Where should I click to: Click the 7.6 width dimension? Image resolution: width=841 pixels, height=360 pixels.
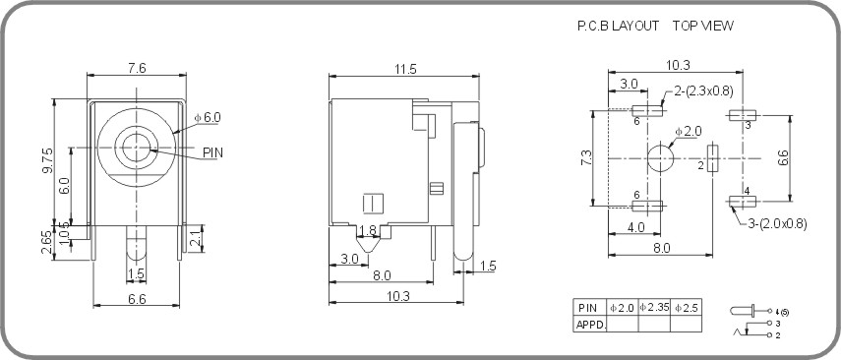[x=137, y=68]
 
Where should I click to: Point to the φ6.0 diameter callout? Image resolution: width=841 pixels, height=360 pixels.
[x=208, y=117]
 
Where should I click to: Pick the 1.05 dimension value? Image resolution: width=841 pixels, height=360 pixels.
[x=65, y=232]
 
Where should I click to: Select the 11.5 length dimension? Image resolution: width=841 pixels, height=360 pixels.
[x=405, y=68]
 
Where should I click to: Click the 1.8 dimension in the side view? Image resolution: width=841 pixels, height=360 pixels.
[x=367, y=231]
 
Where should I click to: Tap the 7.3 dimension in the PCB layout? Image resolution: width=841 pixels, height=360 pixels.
[x=586, y=157]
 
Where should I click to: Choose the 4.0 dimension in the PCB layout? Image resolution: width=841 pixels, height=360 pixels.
[x=635, y=226]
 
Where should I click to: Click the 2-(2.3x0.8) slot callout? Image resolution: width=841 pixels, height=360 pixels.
[x=704, y=91]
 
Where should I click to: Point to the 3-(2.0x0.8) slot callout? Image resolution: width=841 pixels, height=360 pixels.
[x=774, y=223]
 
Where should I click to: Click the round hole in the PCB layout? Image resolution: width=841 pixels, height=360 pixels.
[x=660, y=157]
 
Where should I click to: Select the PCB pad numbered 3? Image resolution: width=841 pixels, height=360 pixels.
[x=742, y=115]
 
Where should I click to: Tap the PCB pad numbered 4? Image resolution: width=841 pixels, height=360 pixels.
[x=742, y=202]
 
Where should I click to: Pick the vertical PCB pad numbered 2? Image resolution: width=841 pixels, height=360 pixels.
[x=714, y=157]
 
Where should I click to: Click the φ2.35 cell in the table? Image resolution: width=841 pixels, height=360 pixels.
[x=654, y=307]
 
